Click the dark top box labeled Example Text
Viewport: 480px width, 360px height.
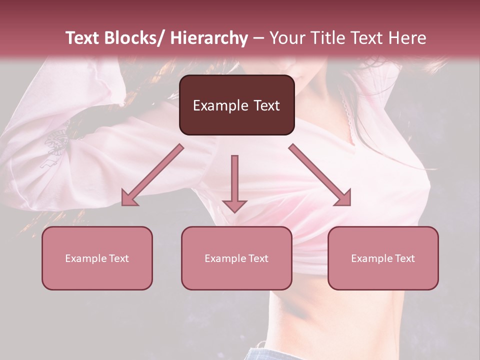click(236, 105)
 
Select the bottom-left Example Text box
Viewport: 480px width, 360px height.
click(97, 258)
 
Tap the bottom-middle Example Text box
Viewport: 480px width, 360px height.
click(236, 258)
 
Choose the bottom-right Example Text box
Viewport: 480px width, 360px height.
click(383, 258)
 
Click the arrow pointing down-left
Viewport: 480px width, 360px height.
click(153, 175)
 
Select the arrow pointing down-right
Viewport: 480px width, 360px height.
click(320, 175)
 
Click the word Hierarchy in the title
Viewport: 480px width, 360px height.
click(209, 38)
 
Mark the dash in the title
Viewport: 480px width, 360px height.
click(258, 38)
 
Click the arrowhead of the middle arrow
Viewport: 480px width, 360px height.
click(234, 205)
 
